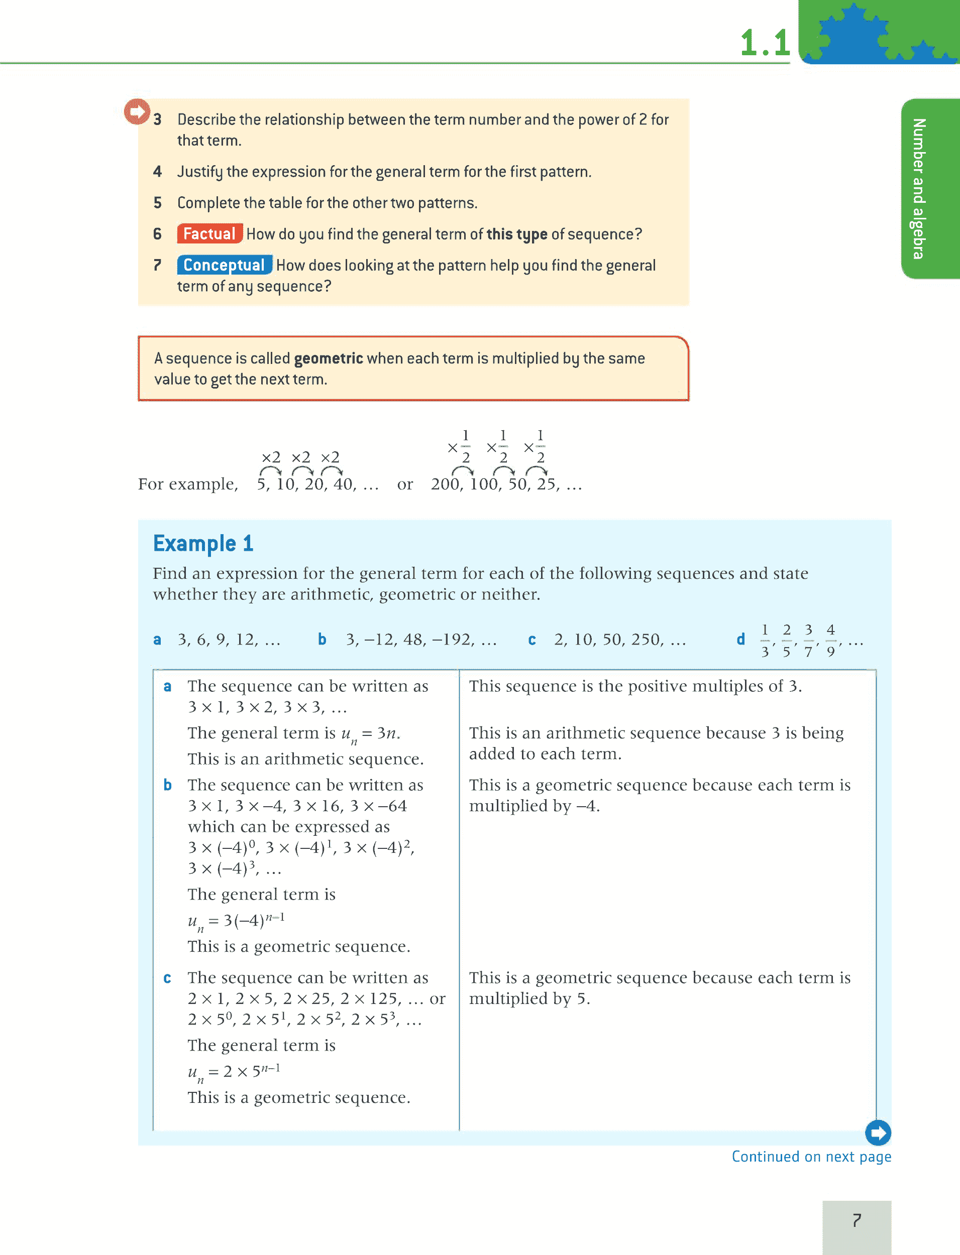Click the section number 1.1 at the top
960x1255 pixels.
[x=765, y=43]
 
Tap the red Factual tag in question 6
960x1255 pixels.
[x=209, y=234]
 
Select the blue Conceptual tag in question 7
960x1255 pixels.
[x=224, y=266]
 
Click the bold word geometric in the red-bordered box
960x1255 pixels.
[x=328, y=358]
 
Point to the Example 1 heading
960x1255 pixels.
[x=203, y=544]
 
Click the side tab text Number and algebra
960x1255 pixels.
[x=918, y=188]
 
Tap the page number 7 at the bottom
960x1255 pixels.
[x=856, y=1220]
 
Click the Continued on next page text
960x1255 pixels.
[x=811, y=1157]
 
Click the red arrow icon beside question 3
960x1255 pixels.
[x=137, y=111]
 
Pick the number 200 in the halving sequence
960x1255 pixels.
[x=445, y=484]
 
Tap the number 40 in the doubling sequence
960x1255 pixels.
[x=344, y=484]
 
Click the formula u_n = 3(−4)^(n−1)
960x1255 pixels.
[x=236, y=920]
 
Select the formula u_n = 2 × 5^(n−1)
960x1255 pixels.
[x=234, y=1072]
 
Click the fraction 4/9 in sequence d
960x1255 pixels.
[x=831, y=640]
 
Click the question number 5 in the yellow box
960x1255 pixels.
[x=158, y=203]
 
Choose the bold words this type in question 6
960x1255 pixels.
[x=516, y=234]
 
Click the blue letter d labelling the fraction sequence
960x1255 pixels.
[x=740, y=640]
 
